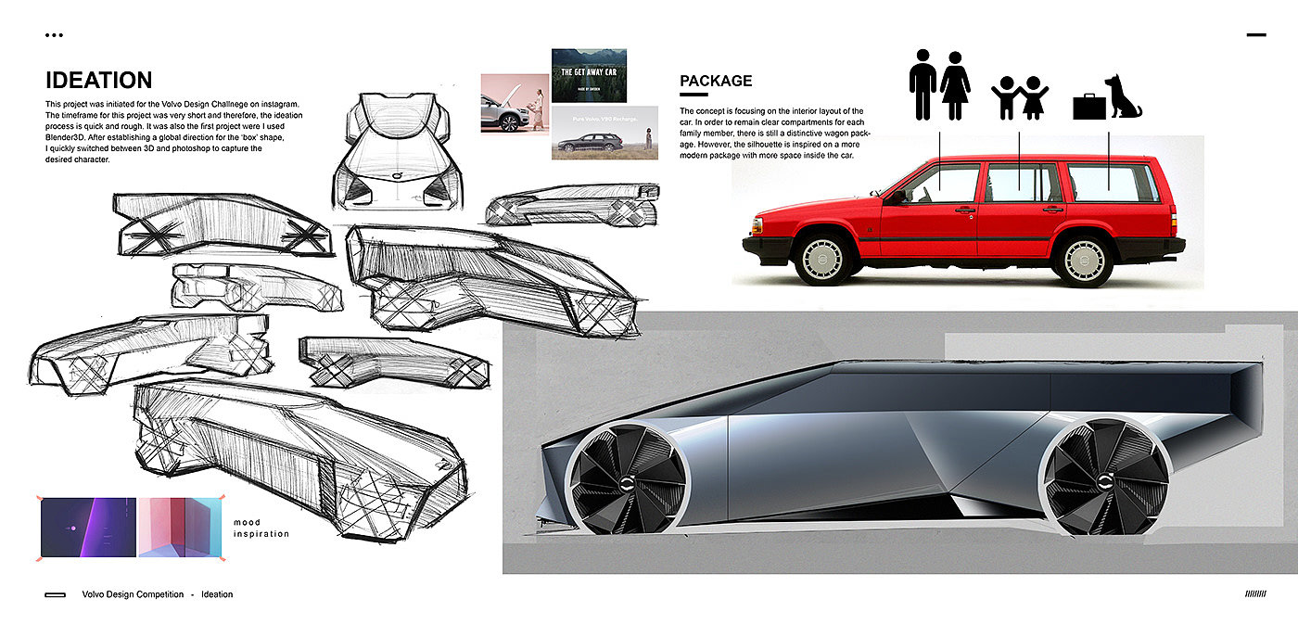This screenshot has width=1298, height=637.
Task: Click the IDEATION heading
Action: [x=98, y=81]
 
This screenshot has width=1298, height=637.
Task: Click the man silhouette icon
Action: [x=923, y=84]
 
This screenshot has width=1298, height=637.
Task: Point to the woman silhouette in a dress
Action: [x=955, y=84]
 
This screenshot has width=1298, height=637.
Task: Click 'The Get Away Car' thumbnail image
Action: [x=589, y=75]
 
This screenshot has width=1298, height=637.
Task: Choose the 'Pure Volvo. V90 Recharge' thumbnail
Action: [x=604, y=133]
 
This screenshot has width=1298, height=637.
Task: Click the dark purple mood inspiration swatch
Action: [x=88, y=527]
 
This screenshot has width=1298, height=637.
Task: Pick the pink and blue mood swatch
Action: [x=181, y=527]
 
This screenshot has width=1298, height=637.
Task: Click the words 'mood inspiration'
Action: [x=261, y=529]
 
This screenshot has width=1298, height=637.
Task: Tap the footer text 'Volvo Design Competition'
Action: [x=133, y=594]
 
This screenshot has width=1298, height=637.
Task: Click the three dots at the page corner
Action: [x=54, y=35]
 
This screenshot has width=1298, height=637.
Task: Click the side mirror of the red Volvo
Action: [x=897, y=197]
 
